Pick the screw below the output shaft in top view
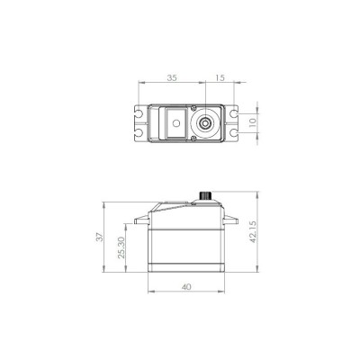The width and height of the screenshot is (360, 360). pos(207,137)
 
